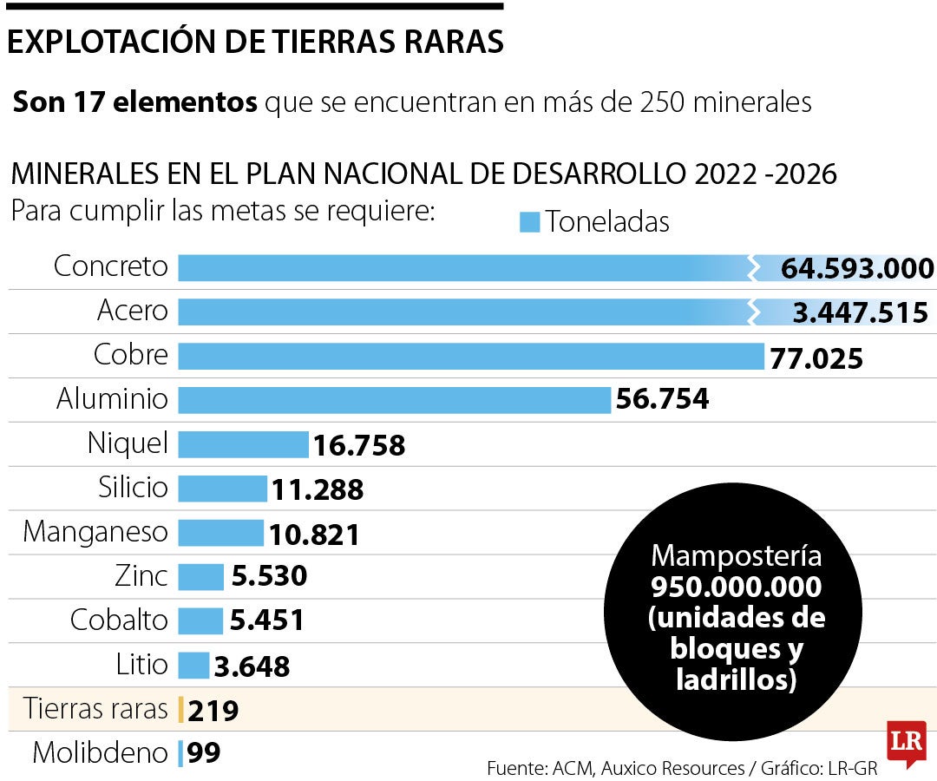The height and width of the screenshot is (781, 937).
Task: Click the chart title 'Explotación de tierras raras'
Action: click(255, 43)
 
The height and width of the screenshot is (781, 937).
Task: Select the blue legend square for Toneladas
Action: click(529, 222)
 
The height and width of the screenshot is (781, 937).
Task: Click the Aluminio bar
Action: click(395, 400)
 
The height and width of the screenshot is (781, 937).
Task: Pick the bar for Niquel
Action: click(243, 444)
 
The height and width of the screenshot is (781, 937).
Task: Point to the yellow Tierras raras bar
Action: click(180, 710)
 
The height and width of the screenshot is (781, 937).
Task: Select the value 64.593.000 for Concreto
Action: click(857, 268)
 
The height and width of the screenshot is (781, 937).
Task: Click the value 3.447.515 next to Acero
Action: click(860, 312)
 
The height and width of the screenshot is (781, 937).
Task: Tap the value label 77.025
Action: click(816, 358)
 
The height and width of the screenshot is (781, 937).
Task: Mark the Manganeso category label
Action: click(95, 531)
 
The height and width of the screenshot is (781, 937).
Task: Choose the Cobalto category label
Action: click(118, 620)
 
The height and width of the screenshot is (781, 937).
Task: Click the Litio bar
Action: click(193, 666)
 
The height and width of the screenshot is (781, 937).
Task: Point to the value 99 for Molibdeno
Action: click(204, 753)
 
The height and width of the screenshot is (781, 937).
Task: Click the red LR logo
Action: click(906, 743)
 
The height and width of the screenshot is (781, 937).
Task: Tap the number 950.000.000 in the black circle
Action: click(736, 587)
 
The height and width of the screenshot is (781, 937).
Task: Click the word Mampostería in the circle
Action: click(736, 555)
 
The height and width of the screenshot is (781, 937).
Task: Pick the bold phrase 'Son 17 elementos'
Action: click(135, 103)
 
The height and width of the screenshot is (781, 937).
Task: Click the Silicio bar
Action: click(222, 489)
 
